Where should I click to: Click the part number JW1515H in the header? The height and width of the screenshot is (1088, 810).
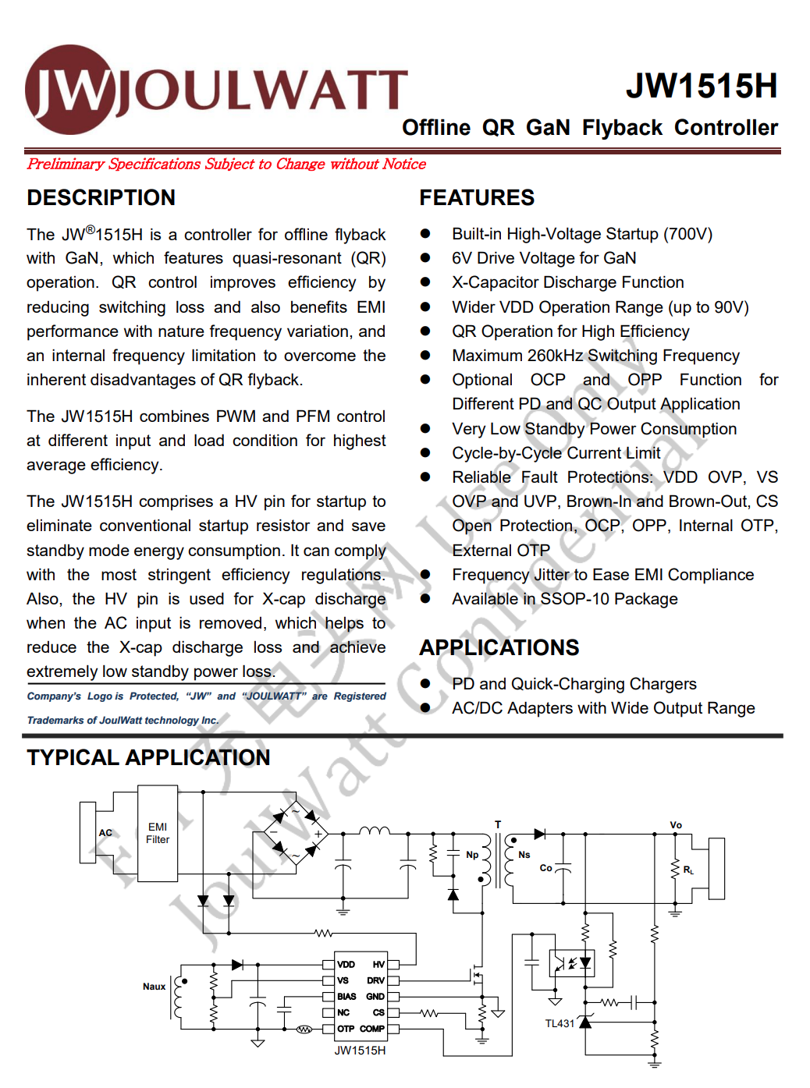[701, 87]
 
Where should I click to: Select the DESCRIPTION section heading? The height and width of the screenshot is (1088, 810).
[101, 198]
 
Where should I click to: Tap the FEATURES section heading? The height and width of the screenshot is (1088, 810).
[476, 198]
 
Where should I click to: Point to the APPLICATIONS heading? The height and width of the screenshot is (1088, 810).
[499, 648]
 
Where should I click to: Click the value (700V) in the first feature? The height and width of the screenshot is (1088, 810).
[687, 234]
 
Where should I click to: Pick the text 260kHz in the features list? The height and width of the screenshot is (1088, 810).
[555, 356]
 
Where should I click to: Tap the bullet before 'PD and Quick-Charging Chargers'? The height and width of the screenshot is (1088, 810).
[425, 684]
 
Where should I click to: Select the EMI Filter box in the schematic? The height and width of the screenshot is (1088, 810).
[158, 833]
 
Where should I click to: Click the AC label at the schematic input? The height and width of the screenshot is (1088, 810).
[105, 833]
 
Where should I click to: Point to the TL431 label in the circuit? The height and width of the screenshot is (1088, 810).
[560, 1023]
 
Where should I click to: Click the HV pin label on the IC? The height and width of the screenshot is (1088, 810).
[378, 965]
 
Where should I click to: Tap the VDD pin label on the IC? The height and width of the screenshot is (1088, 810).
[346, 965]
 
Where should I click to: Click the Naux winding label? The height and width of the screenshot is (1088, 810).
[154, 987]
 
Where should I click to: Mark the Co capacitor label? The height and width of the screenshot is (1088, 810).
[545, 868]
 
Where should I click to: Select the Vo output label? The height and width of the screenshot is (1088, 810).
[676, 825]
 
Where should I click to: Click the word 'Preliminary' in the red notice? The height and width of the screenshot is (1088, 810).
[66, 164]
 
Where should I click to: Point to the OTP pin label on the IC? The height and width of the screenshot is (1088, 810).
[345, 1029]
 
